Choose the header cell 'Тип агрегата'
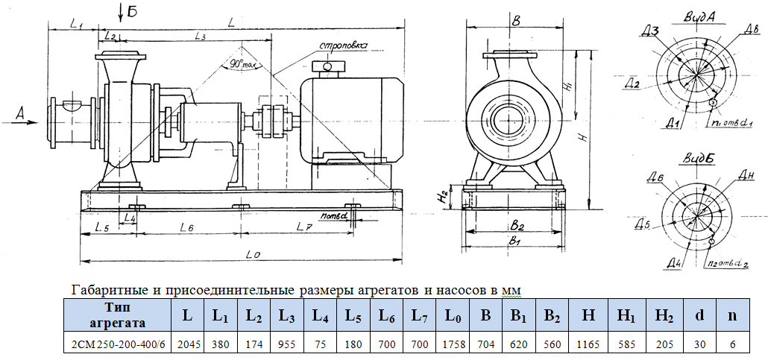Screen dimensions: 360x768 coord(117,315)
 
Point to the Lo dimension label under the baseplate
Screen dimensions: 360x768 coord(252,255)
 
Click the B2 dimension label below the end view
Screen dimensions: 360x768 coord(518,224)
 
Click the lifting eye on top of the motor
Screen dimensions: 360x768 coord(326,69)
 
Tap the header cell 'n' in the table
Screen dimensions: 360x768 coord(732,315)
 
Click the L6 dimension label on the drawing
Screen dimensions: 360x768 coord(186,226)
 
